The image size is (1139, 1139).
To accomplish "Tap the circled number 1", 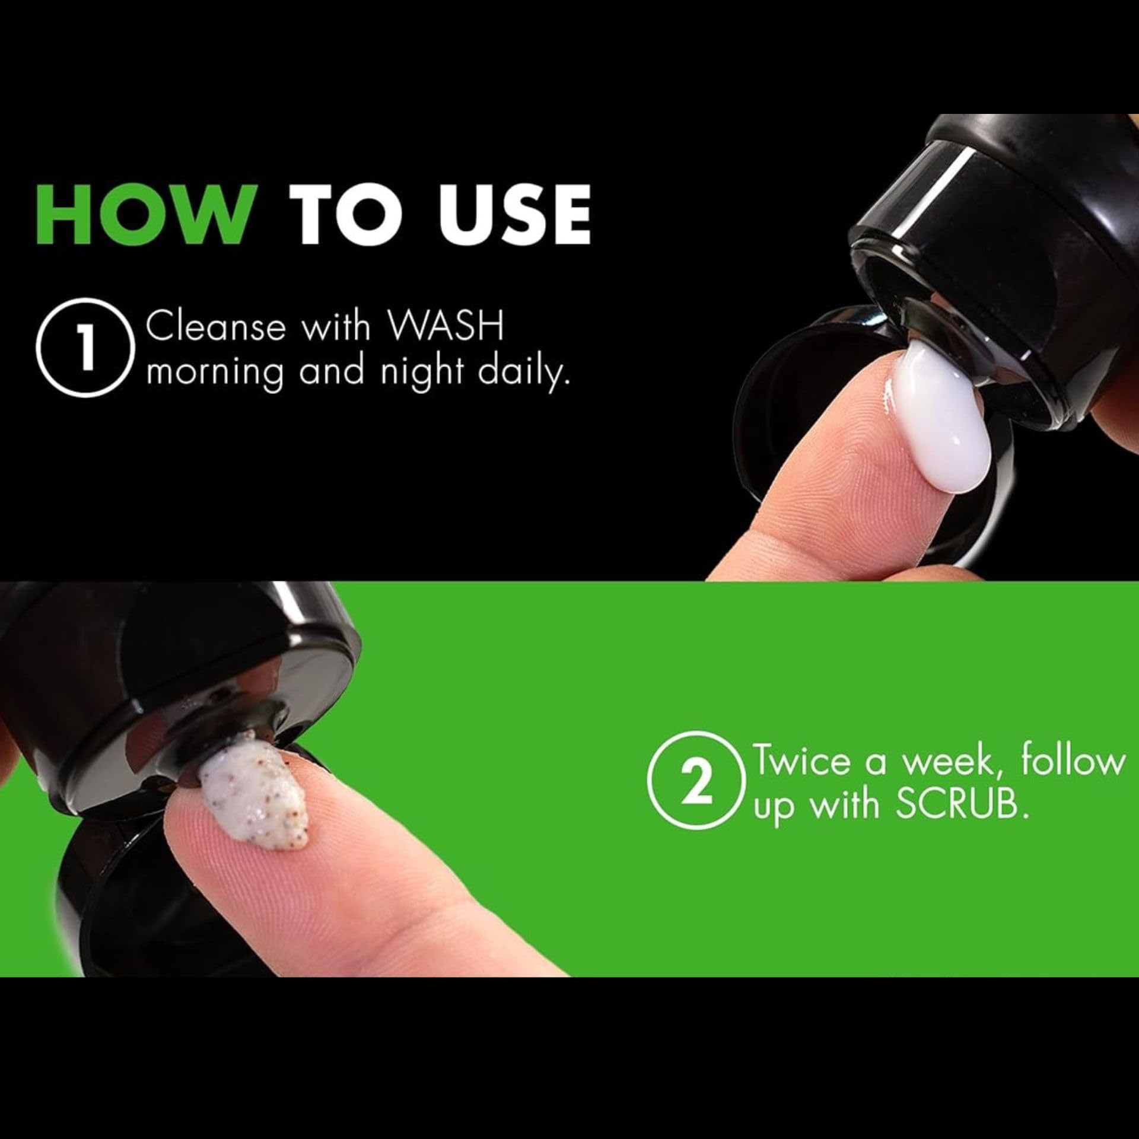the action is [x=82, y=349].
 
